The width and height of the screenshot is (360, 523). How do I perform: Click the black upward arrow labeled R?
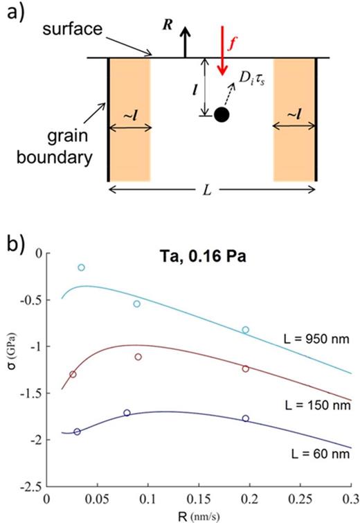tap(185, 43)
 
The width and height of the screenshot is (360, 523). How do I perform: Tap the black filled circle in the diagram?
tap(222, 114)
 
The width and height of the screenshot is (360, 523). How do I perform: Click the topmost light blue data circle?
tap(81, 267)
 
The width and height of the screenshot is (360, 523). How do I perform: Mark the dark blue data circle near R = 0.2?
tap(246, 418)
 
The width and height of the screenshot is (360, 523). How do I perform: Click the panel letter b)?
tap(12, 226)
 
